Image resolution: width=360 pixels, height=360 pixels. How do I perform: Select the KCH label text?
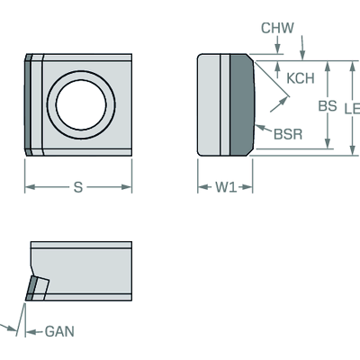(301, 78)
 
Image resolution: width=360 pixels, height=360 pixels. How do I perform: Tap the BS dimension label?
(328, 106)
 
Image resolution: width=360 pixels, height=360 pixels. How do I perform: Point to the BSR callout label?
(288, 134)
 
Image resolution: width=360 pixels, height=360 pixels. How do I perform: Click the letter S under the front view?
(78, 187)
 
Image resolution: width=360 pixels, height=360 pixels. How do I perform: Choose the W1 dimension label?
(226, 187)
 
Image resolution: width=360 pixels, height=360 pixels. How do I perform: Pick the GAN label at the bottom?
(59, 331)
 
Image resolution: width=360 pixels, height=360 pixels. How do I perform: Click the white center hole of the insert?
(81, 104)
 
